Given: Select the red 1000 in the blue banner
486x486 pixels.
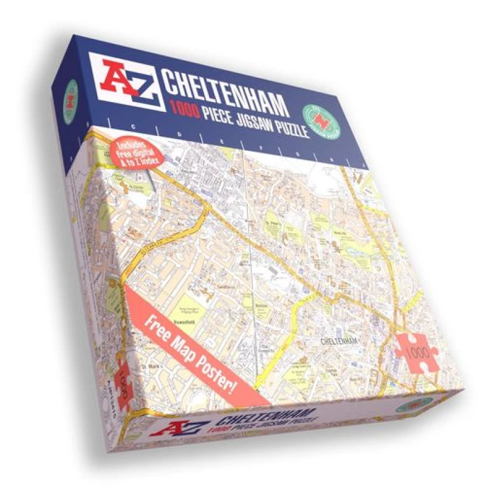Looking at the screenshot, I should (x=185, y=110).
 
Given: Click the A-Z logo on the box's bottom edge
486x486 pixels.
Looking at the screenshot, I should (x=182, y=428).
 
